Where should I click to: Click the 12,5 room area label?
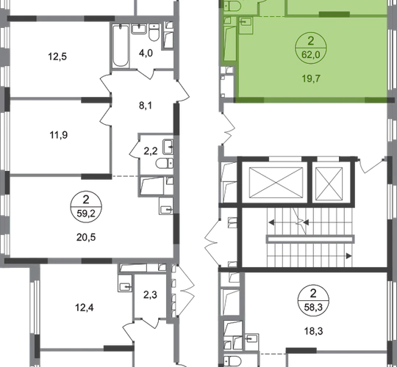(57, 57)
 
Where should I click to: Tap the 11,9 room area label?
(59, 135)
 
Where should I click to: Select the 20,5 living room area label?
(86, 237)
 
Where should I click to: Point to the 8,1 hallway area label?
(146, 106)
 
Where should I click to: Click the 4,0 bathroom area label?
(146, 53)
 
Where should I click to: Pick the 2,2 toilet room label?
(151, 151)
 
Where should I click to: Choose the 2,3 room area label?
(151, 295)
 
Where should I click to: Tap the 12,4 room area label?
(85, 308)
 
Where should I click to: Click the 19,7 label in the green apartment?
(311, 79)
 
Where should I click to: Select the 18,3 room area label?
(313, 331)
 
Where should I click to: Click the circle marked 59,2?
(86, 207)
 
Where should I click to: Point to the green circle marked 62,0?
(311, 48)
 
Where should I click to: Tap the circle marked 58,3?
(313, 300)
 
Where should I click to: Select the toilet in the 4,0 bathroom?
(154, 32)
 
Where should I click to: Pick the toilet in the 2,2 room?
(165, 163)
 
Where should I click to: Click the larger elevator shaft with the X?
(276, 183)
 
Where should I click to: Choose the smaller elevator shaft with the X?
(329, 183)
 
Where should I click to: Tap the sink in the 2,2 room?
(168, 147)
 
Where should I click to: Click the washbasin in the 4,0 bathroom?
(139, 29)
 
